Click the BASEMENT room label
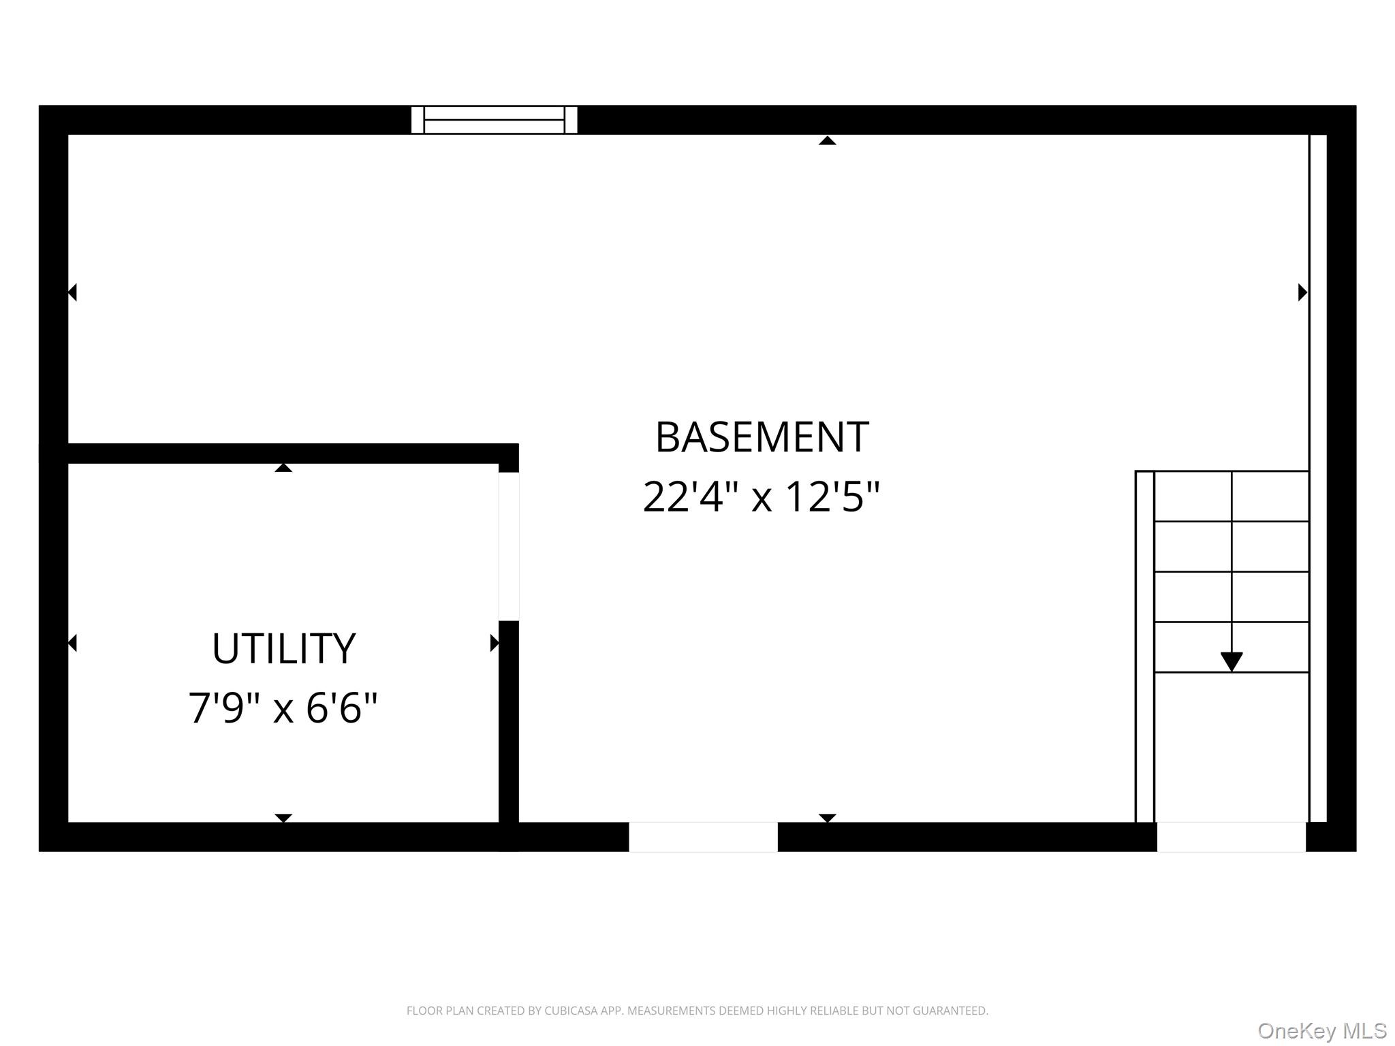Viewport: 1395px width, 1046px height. pyautogui.click(x=762, y=437)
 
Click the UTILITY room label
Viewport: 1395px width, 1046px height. pyautogui.click(x=283, y=648)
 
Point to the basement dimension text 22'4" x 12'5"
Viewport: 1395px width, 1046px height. pyautogui.click(x=762, y=496)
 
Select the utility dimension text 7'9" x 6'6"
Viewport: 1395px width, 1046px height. pyautogui.click(x=283, y=708)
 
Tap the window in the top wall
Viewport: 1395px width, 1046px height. pyautogui.click(x=495, y=120)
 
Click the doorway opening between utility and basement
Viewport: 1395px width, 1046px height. pyautogui.click(x=509, y=546)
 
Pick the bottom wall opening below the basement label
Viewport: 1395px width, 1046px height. pyautogui.click(x=703, y=837)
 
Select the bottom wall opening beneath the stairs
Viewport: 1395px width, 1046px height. pyautogui.click(x=1232, y=837)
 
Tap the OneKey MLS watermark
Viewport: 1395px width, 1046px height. pyautogui.click(x=1322, y=1031)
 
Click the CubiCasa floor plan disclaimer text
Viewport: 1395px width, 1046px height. pyautogui.click(x=697, y=1011)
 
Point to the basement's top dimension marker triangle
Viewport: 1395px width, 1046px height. pyautogui.click(x=828, y=140)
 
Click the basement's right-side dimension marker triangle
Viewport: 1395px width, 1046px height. pyautogui.click(x=1302, y=292)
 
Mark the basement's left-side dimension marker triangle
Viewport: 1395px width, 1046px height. pyautogui.click(x=72, y=292)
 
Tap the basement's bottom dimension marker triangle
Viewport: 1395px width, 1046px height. pyautogui.click(x=828, y=818)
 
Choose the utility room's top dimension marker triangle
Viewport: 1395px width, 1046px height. pyautogui.click(x=283, y=467)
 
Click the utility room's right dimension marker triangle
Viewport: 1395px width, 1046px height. pyautogui.click(x=495, y=643)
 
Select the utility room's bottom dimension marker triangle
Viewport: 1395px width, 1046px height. pyautogui.click(x=283, y=818)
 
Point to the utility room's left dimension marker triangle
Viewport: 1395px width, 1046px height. pyautogui.click(x=72, y=643)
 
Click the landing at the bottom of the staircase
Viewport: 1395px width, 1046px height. pyautogui.click(x=1232, y=747)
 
